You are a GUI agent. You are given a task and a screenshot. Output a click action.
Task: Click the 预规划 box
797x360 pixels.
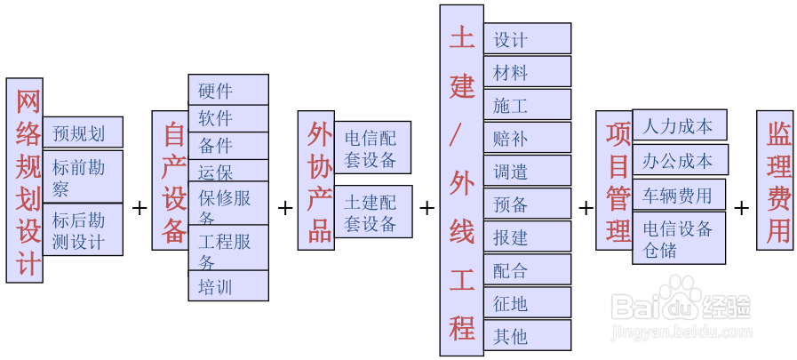83,132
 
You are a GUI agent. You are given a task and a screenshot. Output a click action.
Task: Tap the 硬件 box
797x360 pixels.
228,90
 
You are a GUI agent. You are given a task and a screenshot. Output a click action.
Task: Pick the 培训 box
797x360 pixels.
228,286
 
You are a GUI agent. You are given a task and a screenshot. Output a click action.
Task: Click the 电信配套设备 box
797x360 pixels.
372,147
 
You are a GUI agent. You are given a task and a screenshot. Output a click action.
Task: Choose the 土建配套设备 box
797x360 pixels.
373,211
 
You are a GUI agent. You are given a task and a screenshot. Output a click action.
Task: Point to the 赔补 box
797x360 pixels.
527,138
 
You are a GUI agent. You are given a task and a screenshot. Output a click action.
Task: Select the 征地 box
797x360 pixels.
527,302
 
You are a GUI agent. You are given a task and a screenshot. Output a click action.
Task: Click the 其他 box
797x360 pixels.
527,335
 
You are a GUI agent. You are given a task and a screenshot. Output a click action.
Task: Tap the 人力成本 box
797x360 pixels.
679,126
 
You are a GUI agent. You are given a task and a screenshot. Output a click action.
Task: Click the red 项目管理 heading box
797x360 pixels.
613,181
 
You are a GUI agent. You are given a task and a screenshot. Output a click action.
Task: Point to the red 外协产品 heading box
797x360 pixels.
315,180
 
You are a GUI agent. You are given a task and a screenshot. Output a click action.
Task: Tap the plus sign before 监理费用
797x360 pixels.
741,208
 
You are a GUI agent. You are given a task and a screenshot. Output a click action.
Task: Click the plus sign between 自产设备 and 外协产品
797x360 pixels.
284,208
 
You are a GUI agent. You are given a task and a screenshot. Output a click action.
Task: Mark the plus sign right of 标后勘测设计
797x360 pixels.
139,208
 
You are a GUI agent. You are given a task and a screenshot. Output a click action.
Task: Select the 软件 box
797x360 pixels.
228,118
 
